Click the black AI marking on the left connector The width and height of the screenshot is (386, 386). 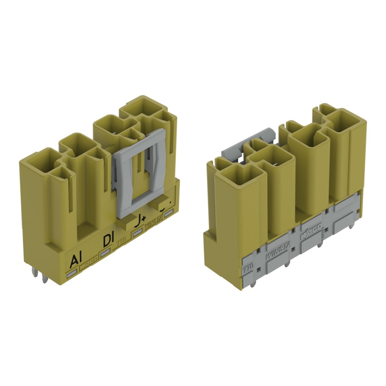click(x=76, y=261)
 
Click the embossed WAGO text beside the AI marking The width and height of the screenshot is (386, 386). click(x=87, y=267)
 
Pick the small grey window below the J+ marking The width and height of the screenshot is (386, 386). click(x=138, y=232)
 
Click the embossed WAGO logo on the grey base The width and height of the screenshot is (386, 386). click(x=311, y=233)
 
